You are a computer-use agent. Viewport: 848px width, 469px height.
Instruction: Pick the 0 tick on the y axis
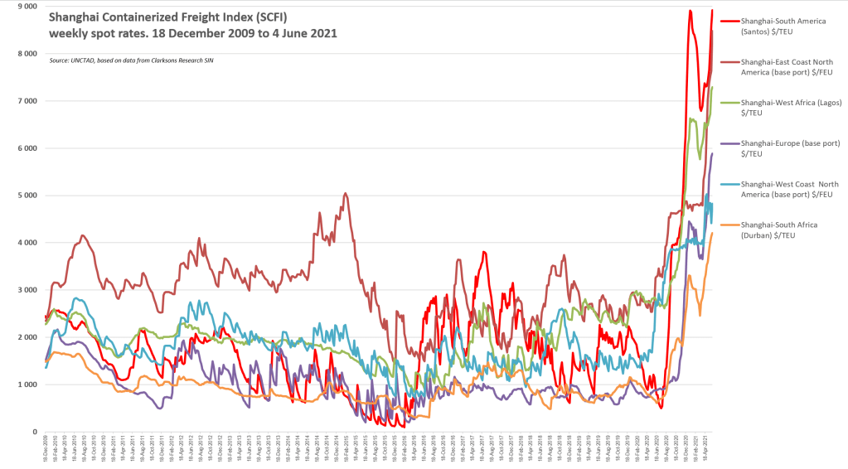coord(31,432)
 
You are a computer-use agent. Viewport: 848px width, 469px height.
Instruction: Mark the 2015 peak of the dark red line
coord(345,194)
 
